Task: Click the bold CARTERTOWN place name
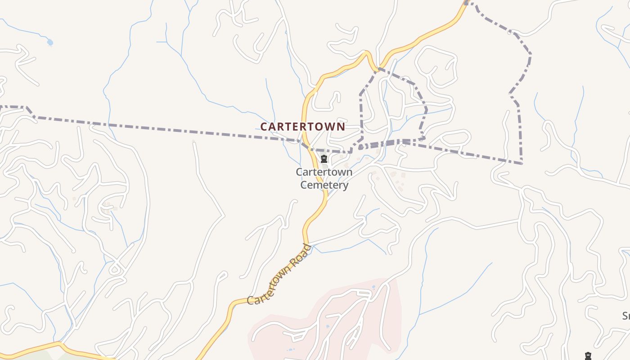click(302, 127)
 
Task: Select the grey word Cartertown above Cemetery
click(324, 172)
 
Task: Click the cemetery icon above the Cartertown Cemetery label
click(324, 159)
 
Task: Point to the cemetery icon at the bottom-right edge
click(588, 356)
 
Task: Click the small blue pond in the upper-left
click(49, 43)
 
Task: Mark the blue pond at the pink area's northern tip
click(373, 287)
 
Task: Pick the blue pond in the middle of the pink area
click(327, 326)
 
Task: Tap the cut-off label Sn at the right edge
click(625, 315)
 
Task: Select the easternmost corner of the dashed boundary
click(531, 54)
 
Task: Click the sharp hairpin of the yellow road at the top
click(367, 54)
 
